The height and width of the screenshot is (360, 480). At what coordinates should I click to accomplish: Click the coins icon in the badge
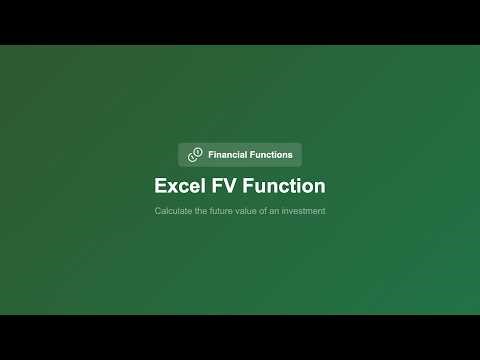tap(195, 155)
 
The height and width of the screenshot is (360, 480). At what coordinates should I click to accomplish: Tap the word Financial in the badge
tap(229, 155)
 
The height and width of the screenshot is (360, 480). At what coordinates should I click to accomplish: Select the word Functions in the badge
tap(273, 155)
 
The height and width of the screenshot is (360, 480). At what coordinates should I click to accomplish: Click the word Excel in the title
tap(177, 186)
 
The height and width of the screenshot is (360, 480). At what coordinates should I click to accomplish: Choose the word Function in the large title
tap(283, 186)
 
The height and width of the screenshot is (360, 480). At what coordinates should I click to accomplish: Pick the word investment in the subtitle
tap(304, 211)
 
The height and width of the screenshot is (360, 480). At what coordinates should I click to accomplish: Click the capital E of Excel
tap(161, 186)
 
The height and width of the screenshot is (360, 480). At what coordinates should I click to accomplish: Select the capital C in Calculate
tap(158, 211)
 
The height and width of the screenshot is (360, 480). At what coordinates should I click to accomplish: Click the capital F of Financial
tap(211, 155)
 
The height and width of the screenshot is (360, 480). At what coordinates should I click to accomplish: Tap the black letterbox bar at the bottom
tap(240, 337)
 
